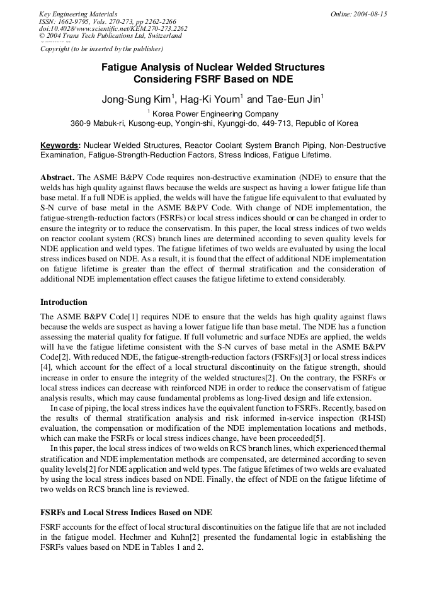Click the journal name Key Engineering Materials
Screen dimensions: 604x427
78,14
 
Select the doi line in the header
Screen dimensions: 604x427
113,28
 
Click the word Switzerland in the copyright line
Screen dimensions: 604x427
162,36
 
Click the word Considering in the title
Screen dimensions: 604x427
160,79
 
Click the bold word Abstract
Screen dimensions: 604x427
57,178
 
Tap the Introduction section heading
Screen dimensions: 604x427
64,302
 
